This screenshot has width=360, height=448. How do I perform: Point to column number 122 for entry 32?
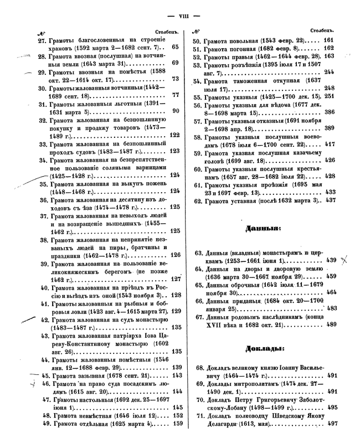click(174, 135)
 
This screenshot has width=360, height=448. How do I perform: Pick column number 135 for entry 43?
click(177, 351)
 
